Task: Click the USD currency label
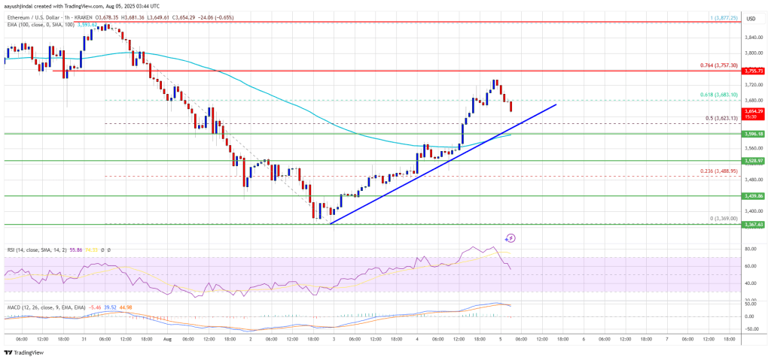750,18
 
